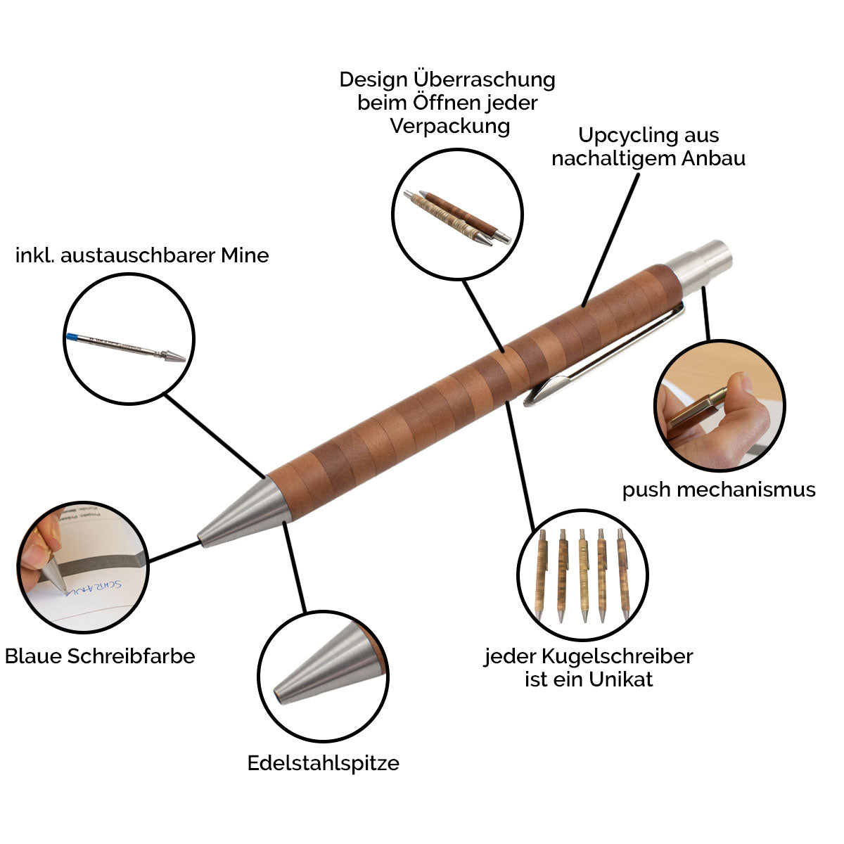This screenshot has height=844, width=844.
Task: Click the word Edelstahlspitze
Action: click(x=323, y=763)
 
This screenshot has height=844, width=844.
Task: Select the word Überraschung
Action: click(x=485, y=79)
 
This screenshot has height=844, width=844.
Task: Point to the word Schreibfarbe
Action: click(x=131, y=656)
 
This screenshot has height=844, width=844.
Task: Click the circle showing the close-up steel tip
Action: click(x=323, y=674)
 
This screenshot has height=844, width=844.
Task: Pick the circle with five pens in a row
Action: click(x=582, y=574)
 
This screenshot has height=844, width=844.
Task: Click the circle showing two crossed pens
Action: click(x=457, y=215)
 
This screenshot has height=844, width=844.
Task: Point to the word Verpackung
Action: click(x=450, y=126)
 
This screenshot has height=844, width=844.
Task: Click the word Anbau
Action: click(x=713, y=158)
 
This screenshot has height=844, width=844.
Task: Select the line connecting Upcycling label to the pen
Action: click(x=612, y=239)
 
